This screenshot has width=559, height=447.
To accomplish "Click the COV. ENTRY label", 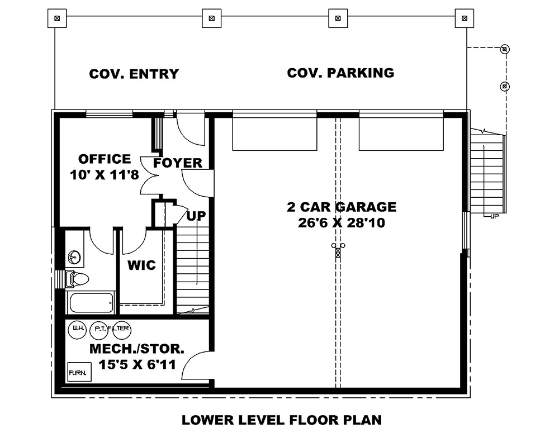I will click(134, 74).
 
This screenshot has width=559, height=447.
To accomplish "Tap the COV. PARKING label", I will click(340, 73).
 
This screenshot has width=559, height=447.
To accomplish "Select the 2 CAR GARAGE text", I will click(341, 207).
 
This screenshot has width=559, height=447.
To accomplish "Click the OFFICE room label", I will click(105, 159).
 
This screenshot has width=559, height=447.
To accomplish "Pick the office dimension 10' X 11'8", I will click(105, 174).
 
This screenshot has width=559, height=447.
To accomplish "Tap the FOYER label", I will click(178, 163).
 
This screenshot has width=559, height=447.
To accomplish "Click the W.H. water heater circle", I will click(76, 329).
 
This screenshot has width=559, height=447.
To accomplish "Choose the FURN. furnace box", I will click(76, 372).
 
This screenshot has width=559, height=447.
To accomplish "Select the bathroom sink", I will click(74, 258).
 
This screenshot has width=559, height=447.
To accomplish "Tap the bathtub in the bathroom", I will click(91, 303).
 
